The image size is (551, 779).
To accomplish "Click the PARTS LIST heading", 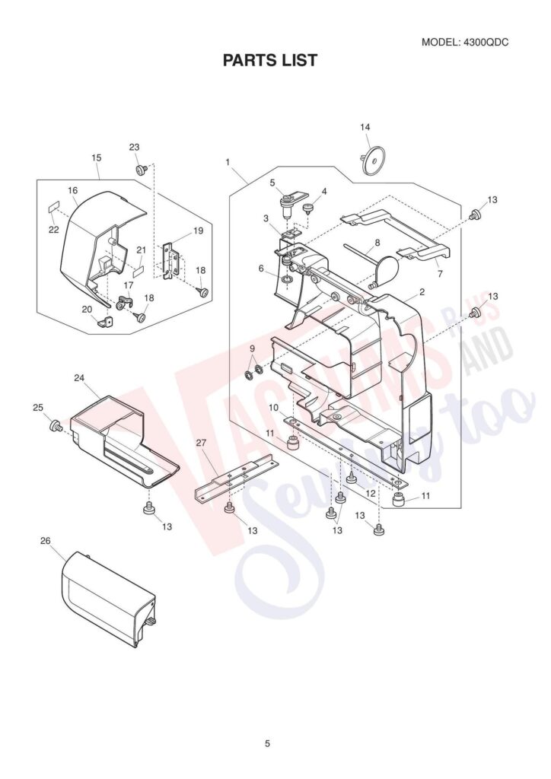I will click(269, 60).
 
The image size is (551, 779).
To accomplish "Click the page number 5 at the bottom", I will click(267, 743).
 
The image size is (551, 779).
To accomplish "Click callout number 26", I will click(45, 540).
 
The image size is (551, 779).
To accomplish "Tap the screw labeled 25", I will click(56, 426).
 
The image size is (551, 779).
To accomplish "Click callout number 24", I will click(79, 377).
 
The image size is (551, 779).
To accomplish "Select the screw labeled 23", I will click(141, 169).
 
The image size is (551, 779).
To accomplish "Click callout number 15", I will click(96, 157).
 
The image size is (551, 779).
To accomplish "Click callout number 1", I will click(228, 162).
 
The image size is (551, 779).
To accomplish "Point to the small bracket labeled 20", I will click(106, 322).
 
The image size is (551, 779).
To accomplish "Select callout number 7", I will click(438, 273).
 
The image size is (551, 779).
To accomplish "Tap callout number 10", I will click(272, 408).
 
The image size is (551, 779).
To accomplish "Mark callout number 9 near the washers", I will click(252, 349).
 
